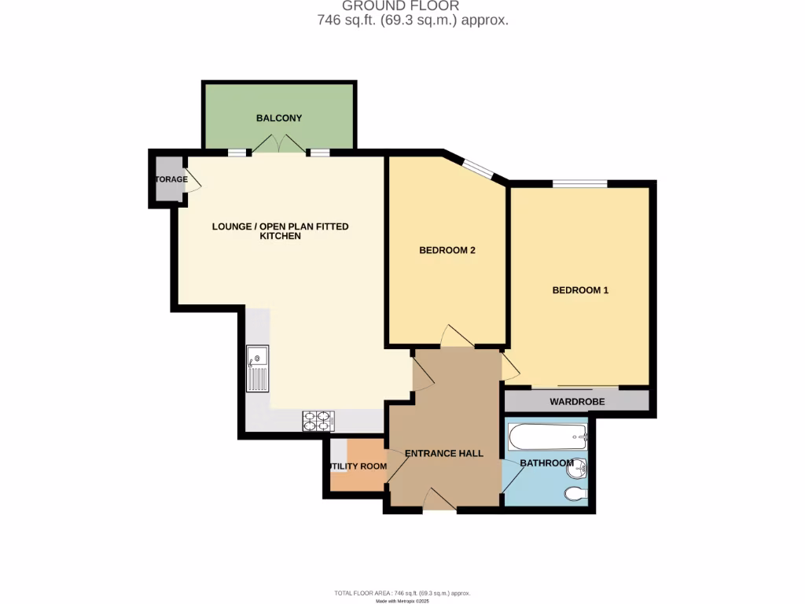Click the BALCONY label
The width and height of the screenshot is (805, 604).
(278, 118)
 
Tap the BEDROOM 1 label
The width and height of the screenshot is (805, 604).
(580, 290)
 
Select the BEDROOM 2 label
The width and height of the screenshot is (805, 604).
(447, 251)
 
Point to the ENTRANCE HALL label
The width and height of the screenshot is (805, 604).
(443, 454)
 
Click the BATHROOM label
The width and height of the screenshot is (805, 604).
(546, 463)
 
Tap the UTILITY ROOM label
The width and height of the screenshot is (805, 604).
(358, 466)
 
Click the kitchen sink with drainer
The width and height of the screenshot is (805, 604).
(257, 368)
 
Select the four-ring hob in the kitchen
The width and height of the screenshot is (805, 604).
(318, 422)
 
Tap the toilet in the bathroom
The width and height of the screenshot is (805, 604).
(575, 494)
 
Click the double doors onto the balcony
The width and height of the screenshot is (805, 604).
(278, 145)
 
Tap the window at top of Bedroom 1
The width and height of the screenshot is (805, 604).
(579, 184)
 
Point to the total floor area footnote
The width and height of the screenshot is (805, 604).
(402, 593)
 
